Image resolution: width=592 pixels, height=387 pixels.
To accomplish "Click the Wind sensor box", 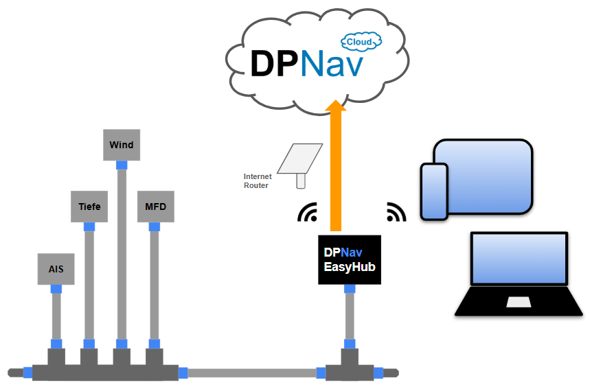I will pyautogui.click(x=122, y=145).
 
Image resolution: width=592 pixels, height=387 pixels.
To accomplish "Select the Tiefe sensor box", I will pyautogui.click(x=89, y=207).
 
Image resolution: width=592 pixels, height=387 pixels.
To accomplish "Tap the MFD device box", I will pyautogui.click(x=155, y=207).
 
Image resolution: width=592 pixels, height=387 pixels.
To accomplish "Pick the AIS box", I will pyautogui.click(x=56, y=268).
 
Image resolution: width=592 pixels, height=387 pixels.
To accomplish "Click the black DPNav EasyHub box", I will pyautogui.click(x=350, y=259).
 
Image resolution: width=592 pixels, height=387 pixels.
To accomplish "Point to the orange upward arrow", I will pyautogui.click(x=335, y=172).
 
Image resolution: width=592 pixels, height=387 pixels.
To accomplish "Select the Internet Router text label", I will pyautogui.click(x=258, y=181).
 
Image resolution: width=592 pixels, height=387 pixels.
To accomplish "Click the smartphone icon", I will pyautogui.click(x=433, y=191).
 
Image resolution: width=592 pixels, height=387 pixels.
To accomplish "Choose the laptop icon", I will pyautogui.click(x=519, y=274).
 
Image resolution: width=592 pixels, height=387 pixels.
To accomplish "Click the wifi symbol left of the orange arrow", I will pyautogui.click(x=308, y=214).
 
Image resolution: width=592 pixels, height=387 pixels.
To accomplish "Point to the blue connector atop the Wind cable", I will pyautogui.click(x=122, y=165).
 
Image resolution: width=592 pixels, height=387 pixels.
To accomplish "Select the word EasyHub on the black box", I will pyautogui.click(x=350, y=267).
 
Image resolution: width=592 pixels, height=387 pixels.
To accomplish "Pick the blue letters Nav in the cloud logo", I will pyautogui.click(x=331, y=63).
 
